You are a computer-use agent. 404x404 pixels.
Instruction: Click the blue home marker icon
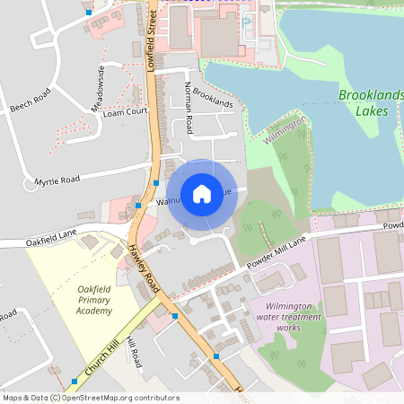(202, 194)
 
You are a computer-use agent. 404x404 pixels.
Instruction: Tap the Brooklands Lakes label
(370, 103)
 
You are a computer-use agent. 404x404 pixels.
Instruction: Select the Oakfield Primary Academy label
(94, 299)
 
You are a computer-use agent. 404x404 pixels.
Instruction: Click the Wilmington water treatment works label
(290, 317)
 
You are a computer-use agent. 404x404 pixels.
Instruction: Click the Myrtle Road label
(57, 181)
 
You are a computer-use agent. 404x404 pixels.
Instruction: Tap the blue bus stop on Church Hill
(74, 382)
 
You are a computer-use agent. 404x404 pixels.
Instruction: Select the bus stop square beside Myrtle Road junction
(156, 182)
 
